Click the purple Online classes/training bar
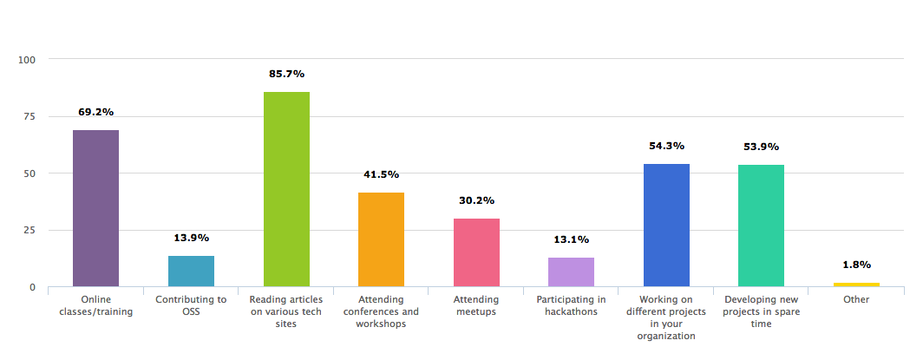pyautogui.click(x=95, y=208)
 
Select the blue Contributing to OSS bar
pyautogui.click(x=191, y=271)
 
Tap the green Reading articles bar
pyautogui.click(x=286, y=189)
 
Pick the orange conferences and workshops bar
pyautogui.click(x=381, y=239)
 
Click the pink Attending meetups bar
pyautogui.click(x=476, y=252)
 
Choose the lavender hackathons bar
pyautogui.click(x=571, y=272)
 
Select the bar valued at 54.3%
pyautogui.click(x=666, y=225)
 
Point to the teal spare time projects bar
pyautogui.click(x=761, y=226)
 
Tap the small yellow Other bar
pyautogui.click(x=856, y=285)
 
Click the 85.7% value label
pyautogui.click(x=286, y=74)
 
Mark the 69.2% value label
pyautogui.click(x=95, y=112)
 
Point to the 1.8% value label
pyautogui.click(x=856, y=265)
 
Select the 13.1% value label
pyautogui.click(x=571, y=239)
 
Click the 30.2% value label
pyautogui.click(x=476, y=200)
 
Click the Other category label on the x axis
pyautogui.click(x=856, y=299)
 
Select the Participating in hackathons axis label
pyautogui.click(x=571, y=305)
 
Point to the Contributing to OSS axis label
pyautogui.click(x=191, y=305)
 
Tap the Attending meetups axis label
pyautogui.click(x=476, y=305)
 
